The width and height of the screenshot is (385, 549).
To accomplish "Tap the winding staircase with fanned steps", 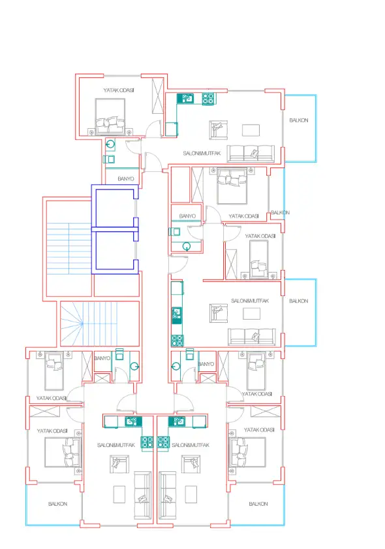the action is pyautogui.click(x=100, y=324).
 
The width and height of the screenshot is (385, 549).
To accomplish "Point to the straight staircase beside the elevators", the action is pyautogui.click(x=69, y=248).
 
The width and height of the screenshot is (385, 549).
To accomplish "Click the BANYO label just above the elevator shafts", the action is pyautogui.click(x=126, y=178).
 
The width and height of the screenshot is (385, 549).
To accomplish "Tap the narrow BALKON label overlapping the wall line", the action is pyautogui.click(x=280, y=212).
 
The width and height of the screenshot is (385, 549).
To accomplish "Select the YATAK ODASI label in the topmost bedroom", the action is pyautogui.click(x=119, y=90).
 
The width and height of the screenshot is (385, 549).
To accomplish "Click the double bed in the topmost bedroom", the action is pyautogui.click(x=110, y=116).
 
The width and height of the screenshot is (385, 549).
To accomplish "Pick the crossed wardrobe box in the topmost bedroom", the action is pyautogui.click(x=158, y=95).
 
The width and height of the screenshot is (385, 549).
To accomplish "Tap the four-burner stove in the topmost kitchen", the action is pyautogui.click(x=208, y=99).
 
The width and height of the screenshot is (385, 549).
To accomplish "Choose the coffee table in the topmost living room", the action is pyautogui.click(x=251, y=130).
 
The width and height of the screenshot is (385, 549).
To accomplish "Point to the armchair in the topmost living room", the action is pyautogui.click(x=219, y=130).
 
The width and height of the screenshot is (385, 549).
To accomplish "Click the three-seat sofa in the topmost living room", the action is pyautogui.click(x=251, y=154).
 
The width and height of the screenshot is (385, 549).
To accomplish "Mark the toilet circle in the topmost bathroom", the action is pyautogui.click(x=110, y=144).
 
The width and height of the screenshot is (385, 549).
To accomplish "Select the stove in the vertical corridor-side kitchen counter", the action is pyautogui.click(x=177, y=341).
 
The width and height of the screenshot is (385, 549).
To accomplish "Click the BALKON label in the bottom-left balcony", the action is pyautogui.click(x=57, y=504).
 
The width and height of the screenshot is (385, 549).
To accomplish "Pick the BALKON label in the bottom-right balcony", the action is pyautogui.click(x=258, y=504).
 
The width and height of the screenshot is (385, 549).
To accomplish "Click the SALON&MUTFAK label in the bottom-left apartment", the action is pyautogui.click(x=116, y=445).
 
